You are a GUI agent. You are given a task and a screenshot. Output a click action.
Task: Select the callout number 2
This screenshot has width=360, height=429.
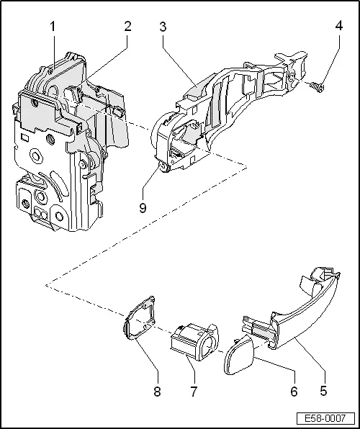point(127,27)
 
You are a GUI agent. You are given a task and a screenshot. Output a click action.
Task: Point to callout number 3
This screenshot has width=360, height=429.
point(163,27)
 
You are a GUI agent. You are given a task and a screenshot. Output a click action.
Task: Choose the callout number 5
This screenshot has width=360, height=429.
point(323,392)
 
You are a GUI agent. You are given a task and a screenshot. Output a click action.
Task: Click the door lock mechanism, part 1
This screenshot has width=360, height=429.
point(58,144)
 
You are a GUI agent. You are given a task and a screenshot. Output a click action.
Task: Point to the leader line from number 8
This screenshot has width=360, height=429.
point(148,367)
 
